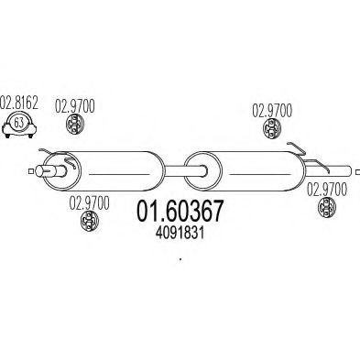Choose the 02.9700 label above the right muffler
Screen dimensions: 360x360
[x=272, y=109]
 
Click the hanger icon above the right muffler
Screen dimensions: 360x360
[x=271, y=132]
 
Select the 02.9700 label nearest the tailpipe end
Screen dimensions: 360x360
[x=325, y=190]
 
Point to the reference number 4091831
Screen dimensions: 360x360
[x=179, y=233]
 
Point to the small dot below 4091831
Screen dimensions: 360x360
[x=180, y=259]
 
